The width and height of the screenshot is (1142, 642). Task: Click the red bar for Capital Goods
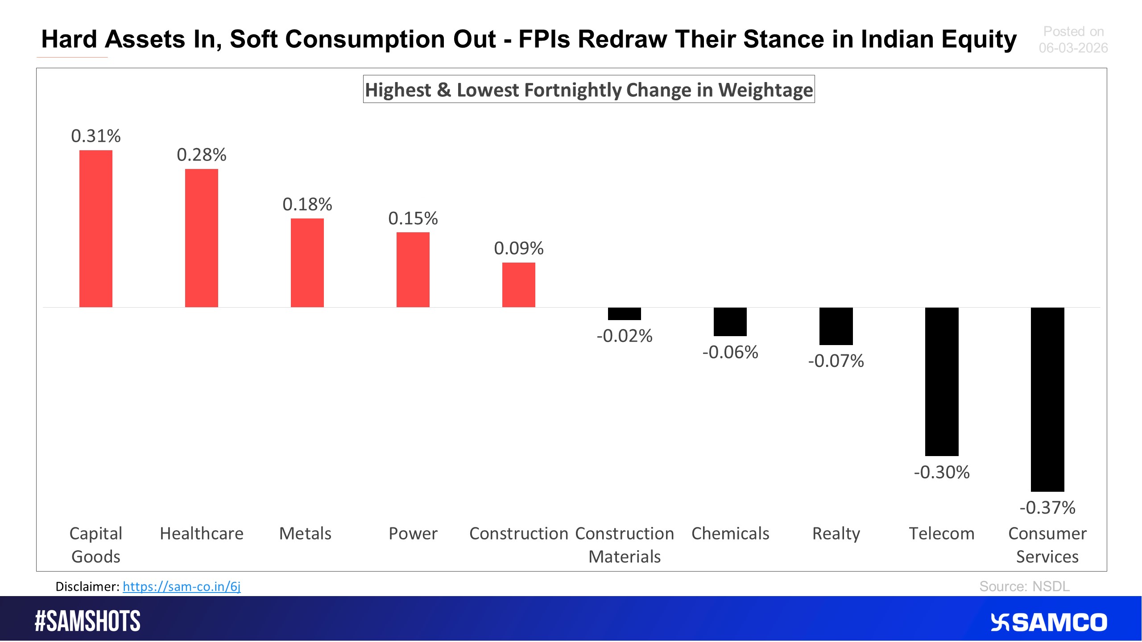[x=96, y=229]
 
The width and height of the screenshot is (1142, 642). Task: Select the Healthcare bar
[x=202, y=238]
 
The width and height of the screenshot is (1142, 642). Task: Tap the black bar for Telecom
[x=942, y=382]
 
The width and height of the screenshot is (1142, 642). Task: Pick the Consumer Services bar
[x=1047, y=399]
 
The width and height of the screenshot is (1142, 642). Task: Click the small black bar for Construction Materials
[x=625, y=314]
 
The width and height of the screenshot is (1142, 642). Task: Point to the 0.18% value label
[x=307, y=205]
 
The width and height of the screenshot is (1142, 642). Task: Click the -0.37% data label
[x=1047, y=508]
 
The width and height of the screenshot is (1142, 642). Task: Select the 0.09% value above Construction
[x=519, y=248]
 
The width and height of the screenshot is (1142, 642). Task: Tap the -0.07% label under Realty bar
[x=836, y=361]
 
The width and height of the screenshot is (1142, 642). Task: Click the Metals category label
[x=306, y=534]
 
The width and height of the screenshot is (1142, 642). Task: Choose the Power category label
[x=413, y=534]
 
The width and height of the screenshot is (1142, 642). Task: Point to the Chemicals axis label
[x=730, y=534]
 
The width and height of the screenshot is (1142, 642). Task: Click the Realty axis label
[x=836, y=534]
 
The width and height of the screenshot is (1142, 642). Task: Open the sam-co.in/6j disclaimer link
[x=182, y=587]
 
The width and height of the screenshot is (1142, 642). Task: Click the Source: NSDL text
[x=1024, y=587]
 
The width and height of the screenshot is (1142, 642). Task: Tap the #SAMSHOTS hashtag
[x=87, y=621]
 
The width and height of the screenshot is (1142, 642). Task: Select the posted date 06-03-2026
[x=1073, y=48]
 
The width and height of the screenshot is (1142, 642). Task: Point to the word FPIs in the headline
[x=544, y=39]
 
